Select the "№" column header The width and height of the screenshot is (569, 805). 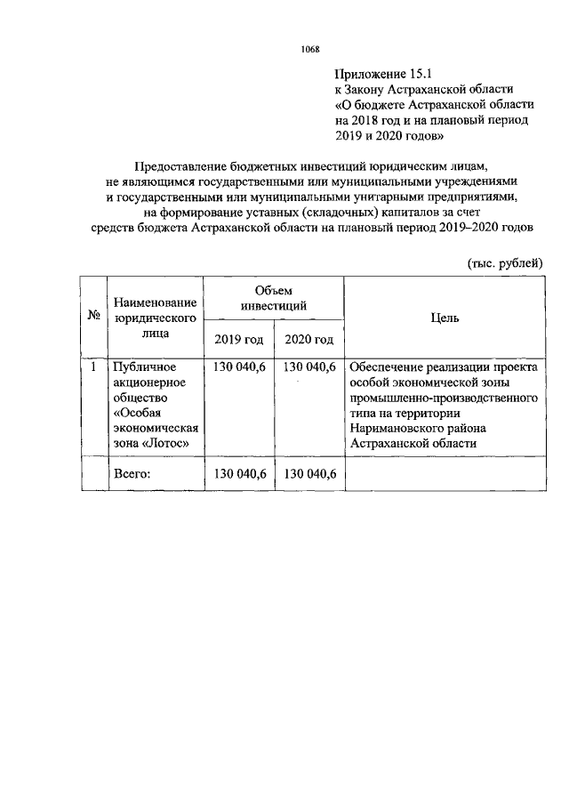click(93, 317)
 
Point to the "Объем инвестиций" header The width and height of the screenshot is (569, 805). click(274, 297)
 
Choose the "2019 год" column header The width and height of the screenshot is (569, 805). click(239, 339)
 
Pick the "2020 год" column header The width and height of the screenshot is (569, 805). click(309, 339)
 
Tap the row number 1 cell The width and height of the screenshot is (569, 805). click(93, 366)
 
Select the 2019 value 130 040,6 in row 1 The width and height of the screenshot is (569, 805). click(239, 366)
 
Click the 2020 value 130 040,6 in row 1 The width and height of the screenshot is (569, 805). click(309, 366)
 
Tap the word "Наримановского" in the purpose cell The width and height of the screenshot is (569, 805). click(395, 427)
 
